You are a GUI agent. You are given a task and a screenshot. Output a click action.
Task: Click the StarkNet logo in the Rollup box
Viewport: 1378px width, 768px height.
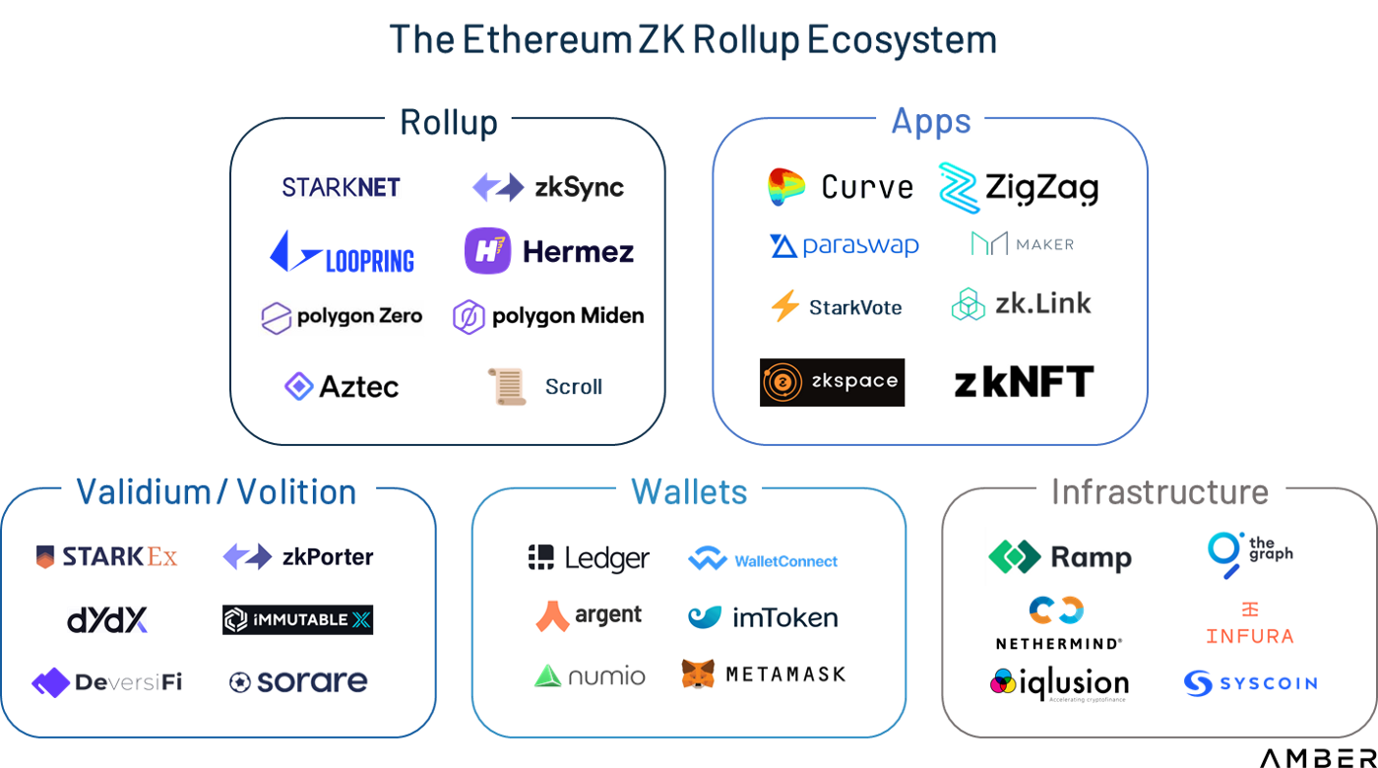(x=342, y=186)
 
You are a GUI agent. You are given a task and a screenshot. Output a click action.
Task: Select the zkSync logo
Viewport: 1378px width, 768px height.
(x=547, y=186)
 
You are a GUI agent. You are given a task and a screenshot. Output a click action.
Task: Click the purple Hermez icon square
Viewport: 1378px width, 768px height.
(x=487, y=250)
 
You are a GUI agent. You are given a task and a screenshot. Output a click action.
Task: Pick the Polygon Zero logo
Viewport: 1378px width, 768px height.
(x=342, y=317)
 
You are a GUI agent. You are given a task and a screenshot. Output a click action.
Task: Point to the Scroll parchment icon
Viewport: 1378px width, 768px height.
(x=507, y=386)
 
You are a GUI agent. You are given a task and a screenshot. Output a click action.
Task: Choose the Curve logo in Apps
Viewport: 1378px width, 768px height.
(x=841, y=187)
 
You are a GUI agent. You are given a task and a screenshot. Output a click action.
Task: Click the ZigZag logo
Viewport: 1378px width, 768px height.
(x=1018, y=187)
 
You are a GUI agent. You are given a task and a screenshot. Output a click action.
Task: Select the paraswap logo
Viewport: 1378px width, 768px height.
(x=844, y=245)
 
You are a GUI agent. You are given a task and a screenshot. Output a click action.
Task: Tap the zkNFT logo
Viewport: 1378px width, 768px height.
(x=1025, y=379)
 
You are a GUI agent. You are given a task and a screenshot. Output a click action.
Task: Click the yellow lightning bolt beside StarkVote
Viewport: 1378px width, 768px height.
(x=784, y=306)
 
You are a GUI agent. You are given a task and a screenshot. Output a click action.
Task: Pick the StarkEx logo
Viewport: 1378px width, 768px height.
(x=108, y=557)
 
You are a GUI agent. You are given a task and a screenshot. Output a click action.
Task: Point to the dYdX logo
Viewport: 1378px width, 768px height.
(x=107, y=619)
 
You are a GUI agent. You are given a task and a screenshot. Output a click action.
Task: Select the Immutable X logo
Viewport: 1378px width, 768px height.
(x=297, y=619)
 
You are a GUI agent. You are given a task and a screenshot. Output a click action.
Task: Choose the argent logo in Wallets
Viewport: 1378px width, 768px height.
(x=589, y=616)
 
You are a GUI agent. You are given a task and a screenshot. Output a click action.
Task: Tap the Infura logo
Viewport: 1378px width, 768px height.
(x=1250, y=622)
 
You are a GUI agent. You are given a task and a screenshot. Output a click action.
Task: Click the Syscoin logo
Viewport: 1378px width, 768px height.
(x=1250, y=682)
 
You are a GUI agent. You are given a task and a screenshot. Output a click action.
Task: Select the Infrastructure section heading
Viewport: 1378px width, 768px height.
(x=1160, y=490)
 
